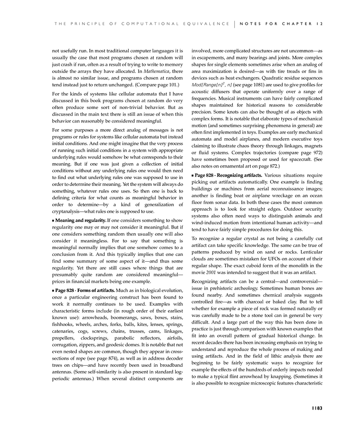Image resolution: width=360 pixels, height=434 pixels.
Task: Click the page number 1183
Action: point(315,408)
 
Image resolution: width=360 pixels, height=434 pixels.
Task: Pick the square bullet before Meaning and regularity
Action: point(53,220)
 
